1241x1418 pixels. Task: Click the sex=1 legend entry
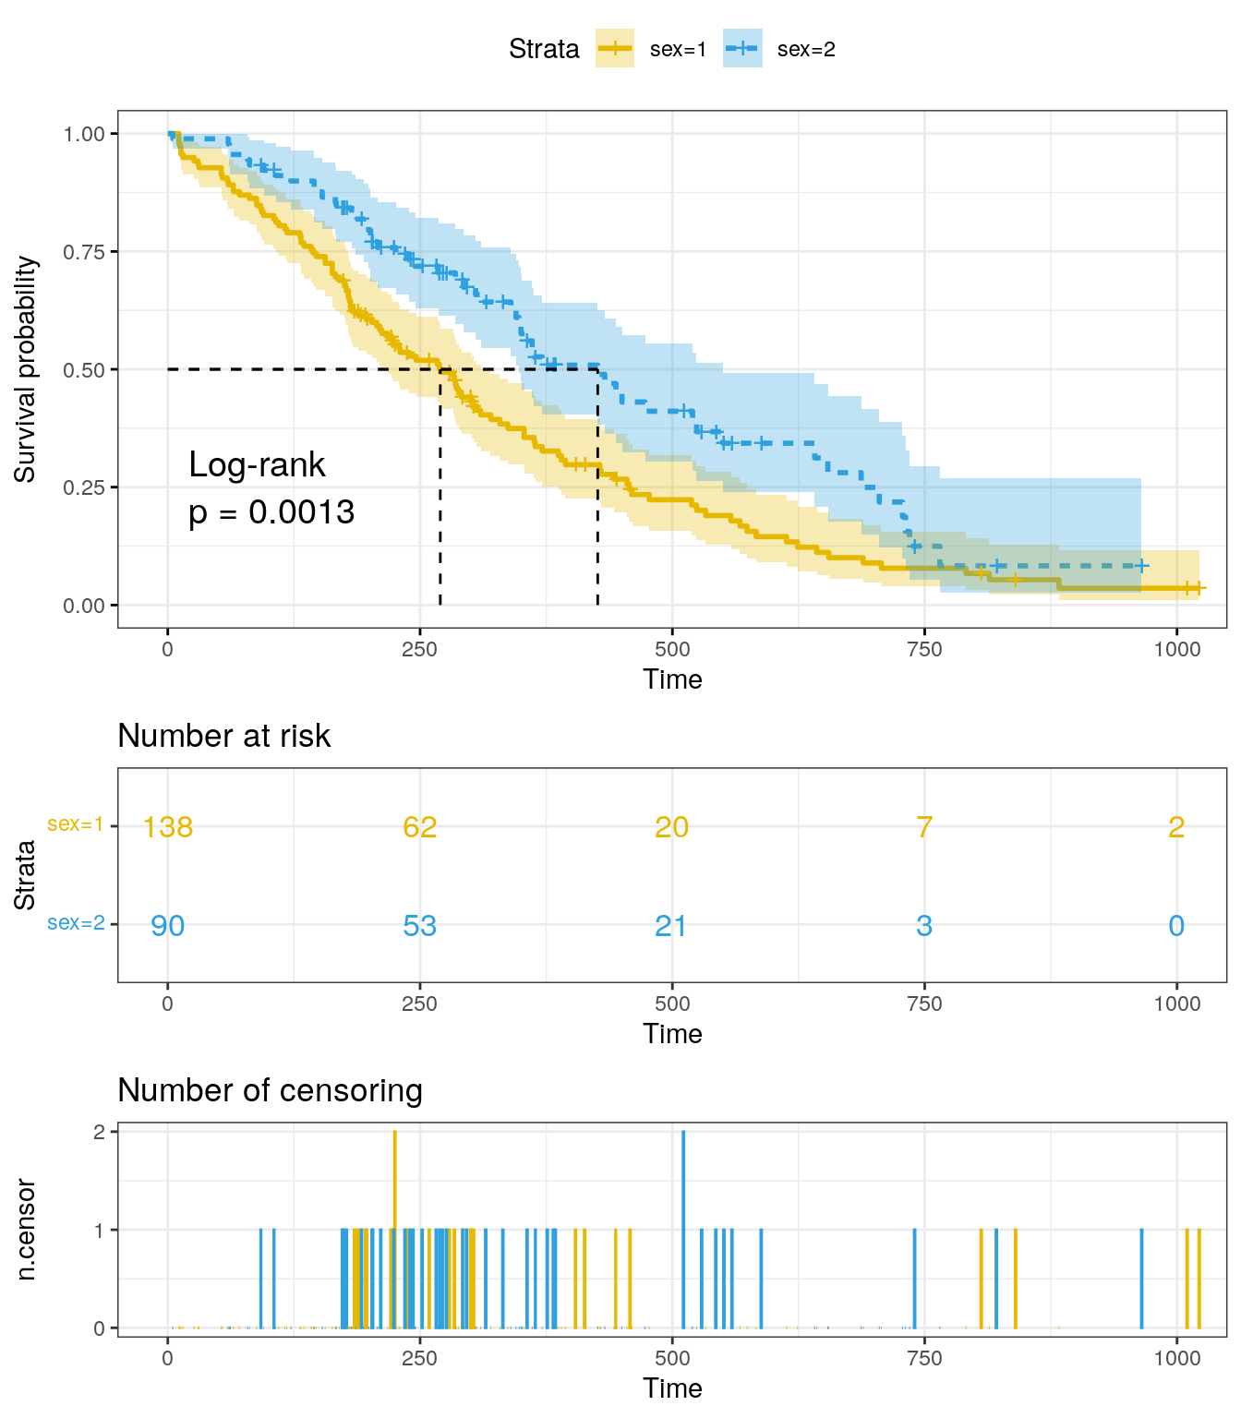(652, 50)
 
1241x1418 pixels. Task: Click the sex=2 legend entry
(780, 50)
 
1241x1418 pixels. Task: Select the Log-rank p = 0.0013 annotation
(271, 488)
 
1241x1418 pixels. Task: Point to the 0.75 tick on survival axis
(84, 252)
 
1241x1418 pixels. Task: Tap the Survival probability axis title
(26, 369)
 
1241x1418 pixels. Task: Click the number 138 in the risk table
(168, 827)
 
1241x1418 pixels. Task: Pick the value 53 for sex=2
(420, 926)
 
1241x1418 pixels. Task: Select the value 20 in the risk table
(672, 827)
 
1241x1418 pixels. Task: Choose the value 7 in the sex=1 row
(924, 827)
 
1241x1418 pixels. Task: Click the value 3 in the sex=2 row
(924, 926)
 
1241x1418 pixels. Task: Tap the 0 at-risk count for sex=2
(1176, 926)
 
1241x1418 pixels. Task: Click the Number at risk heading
(224, 736)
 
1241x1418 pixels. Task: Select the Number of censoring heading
(271, 1090)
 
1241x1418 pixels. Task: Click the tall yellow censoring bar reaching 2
(394, 1228)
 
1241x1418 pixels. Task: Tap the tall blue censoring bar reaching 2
(683, 1228)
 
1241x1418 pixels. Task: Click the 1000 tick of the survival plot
(1177, 649)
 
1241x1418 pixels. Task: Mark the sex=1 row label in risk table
(76, 824)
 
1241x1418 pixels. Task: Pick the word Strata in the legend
(544, 50)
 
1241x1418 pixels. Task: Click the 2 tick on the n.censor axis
(99, 1132)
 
